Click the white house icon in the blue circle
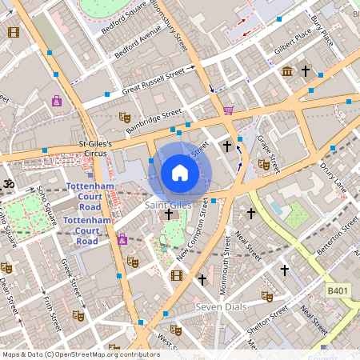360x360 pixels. click(x=180, y=173)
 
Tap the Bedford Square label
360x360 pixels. click(x=118, y=18)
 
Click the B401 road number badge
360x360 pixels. click(x=338, y=292)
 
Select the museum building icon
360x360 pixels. click(x=286, y=73)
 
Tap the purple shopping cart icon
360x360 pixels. click(x=229, y=110)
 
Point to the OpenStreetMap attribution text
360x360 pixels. click(x=81, y=354)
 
